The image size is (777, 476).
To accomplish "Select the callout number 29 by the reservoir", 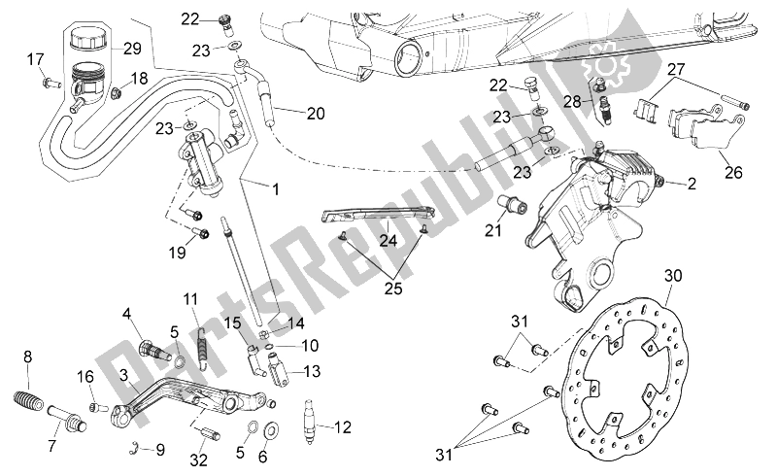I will pyautogui.click(x=132, y=49).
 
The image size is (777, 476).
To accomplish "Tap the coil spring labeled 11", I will pyautogui.click(x=203, y=345).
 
